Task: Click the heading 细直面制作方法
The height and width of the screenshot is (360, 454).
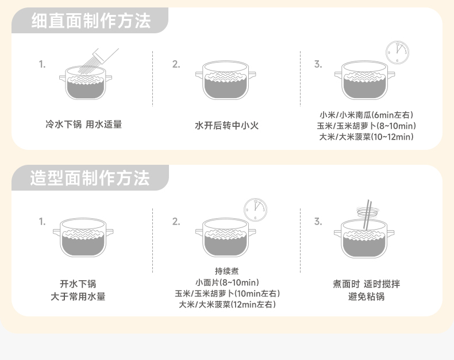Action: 91,21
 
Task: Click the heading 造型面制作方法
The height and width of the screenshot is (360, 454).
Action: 90,177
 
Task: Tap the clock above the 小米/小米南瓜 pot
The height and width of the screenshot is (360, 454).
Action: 397,52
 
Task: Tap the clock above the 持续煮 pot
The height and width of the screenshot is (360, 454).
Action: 255,210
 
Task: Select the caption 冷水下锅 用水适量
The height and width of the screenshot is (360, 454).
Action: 84,125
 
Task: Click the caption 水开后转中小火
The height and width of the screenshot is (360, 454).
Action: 226,125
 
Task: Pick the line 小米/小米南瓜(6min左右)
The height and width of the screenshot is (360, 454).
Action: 366,115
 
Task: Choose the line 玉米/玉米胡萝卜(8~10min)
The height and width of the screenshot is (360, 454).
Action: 366,126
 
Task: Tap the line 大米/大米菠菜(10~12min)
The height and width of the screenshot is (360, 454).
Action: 366,137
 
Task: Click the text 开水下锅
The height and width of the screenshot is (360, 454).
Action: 78,284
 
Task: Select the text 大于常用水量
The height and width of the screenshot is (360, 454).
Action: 78,296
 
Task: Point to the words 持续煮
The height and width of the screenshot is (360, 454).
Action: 226,271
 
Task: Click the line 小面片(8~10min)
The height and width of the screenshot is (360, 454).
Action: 227,282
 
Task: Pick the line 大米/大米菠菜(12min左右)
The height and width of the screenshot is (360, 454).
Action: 227,304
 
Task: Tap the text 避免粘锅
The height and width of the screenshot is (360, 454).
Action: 366,296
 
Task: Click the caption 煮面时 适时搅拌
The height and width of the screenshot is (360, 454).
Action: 366,284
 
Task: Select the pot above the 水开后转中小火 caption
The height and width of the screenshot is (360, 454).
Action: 225,80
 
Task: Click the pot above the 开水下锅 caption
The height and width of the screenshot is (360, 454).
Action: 83,237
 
